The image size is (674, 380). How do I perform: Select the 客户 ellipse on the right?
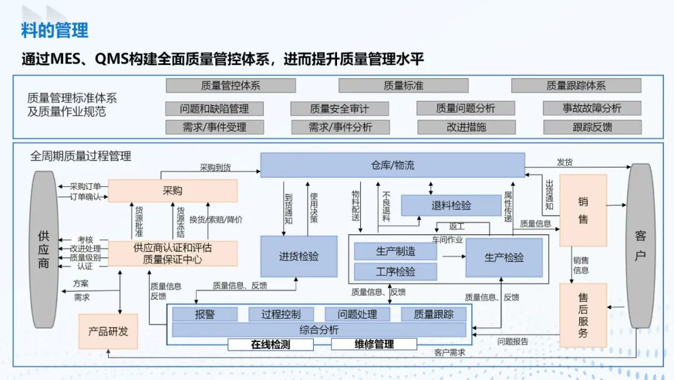point(641,246)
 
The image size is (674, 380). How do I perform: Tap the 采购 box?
point(173,191)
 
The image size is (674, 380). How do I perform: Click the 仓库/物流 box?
point(393,165)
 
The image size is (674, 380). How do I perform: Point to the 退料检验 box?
point(451,205)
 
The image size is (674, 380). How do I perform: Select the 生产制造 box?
point(396,251)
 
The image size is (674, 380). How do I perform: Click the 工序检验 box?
point(396,271)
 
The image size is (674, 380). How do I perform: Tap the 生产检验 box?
point(504,257)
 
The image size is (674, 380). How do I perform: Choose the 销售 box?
point(583,210)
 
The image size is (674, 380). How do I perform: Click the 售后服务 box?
point(583,315)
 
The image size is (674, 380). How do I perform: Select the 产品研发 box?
point(108,331)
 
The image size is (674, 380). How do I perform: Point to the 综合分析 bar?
point(319,329)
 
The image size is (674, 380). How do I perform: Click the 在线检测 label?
point(270,344)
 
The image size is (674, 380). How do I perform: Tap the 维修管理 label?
point(374,344)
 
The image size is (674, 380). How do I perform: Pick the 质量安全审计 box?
point(339,109)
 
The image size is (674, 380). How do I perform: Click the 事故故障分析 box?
point(592,108)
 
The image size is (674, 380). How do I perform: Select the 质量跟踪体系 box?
point(576,86)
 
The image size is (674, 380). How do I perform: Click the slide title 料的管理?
point(55,29)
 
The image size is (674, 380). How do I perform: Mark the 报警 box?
point(205,314)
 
